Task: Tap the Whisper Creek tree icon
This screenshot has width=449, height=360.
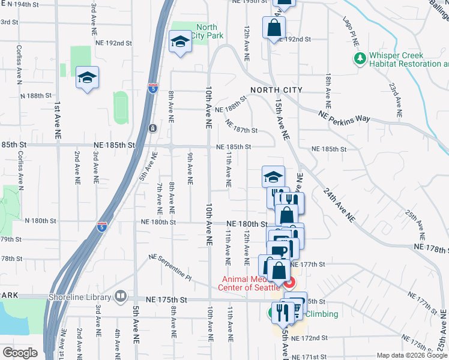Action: click(x=360, y=59)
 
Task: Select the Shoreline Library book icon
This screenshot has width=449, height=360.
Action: click(x=121, y=297)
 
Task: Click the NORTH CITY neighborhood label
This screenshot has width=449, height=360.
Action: click(x=276, y=90)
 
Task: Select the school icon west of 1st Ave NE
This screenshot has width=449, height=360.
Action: click(x=88, y=78)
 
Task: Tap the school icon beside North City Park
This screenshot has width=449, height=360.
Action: click(x=179, y=42)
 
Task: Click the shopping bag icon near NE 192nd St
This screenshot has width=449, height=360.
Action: click(x=274, y=28)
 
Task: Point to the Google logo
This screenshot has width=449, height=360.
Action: click(x=20, y=353)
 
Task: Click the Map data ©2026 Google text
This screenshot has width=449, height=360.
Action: click(x=412, y=355)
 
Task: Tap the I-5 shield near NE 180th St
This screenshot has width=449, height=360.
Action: click(x=102, y=227)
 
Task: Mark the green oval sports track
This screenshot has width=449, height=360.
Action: click(x=121, y=108)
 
